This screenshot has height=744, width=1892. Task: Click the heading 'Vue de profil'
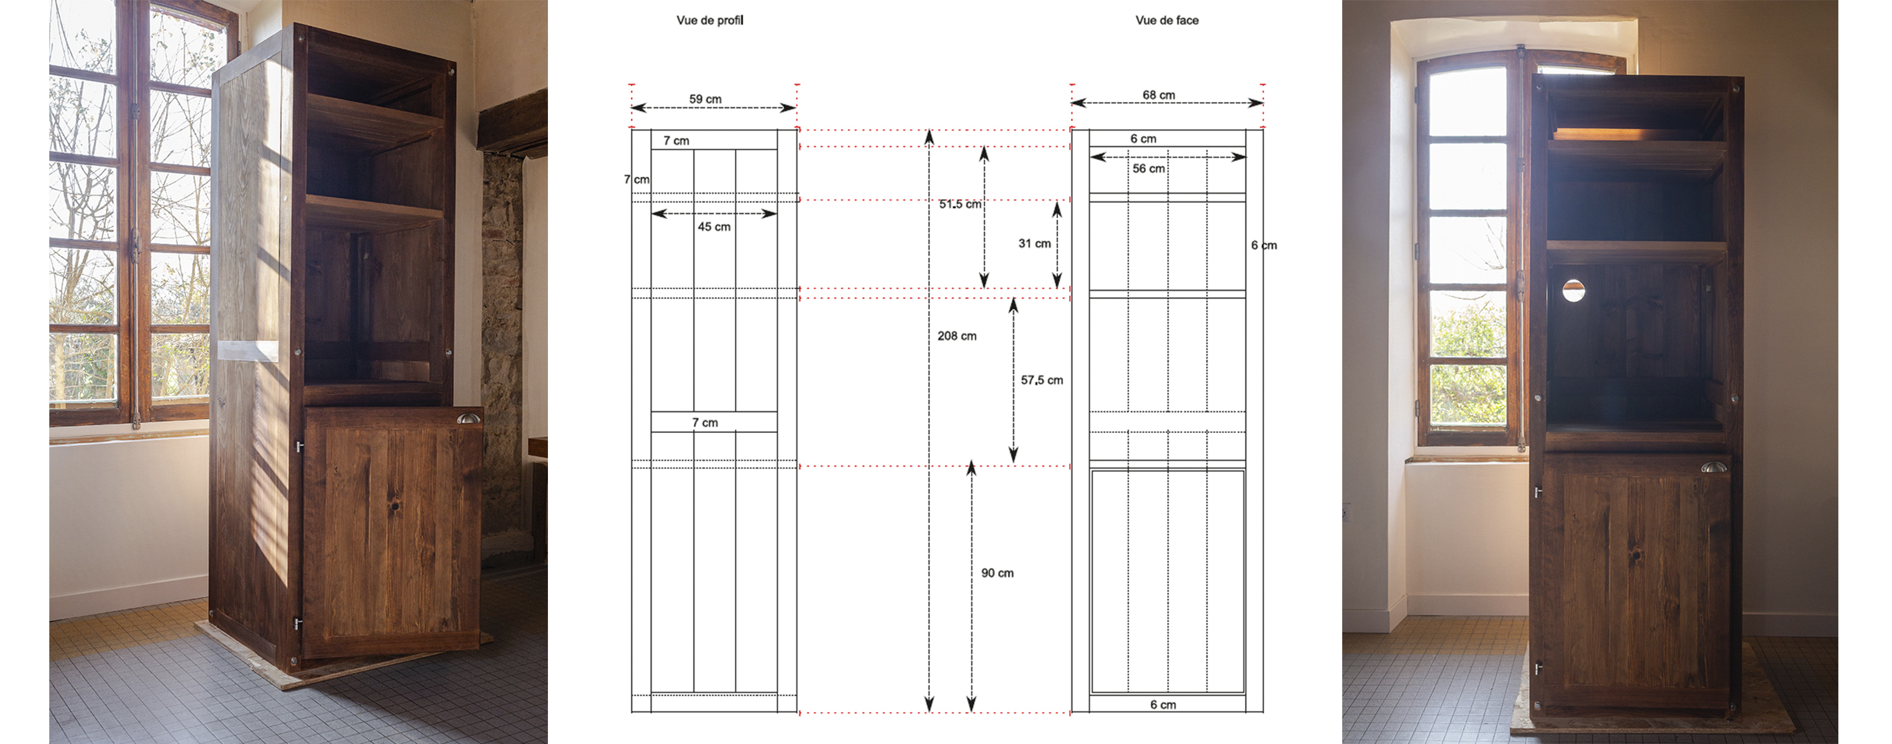tap(709, 21)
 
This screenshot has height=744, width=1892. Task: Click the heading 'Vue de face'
tap(1166, 21)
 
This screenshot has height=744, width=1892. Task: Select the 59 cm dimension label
tap(705, 99)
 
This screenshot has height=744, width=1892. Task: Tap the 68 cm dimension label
tap(1158, 95)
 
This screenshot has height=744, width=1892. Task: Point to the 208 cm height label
tap(956, 336)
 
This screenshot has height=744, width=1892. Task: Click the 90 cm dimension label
tap(997, 573)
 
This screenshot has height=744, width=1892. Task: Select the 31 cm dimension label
tap(1034, 244)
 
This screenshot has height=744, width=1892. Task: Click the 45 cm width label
tap(714, 227)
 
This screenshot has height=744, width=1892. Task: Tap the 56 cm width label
tap(1148, 169)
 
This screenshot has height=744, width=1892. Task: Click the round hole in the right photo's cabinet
tap(1573, 290)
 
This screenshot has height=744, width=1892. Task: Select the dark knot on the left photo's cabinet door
tap(395, 506)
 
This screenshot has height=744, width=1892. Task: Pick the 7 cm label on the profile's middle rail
tap(704, 423)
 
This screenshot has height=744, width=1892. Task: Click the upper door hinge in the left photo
tap(299, 446)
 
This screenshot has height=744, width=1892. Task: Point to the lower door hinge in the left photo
tap(297, 624)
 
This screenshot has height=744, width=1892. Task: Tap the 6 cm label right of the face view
tap(1263, 246)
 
